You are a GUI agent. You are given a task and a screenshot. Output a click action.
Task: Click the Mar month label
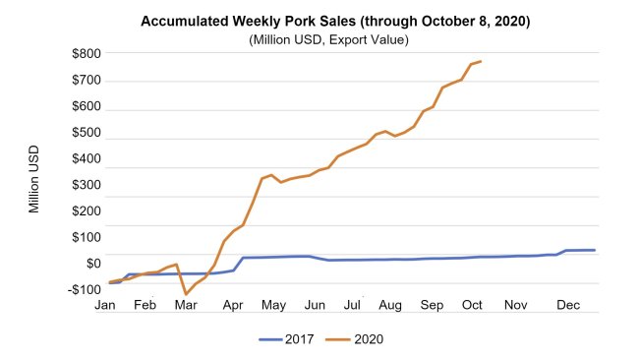pos(185,306)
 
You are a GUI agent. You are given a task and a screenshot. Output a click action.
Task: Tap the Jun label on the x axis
pos(316,306)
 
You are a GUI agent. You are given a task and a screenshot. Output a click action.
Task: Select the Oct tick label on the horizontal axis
pos(473,306)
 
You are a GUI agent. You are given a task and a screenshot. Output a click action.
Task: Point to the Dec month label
pos(566,306)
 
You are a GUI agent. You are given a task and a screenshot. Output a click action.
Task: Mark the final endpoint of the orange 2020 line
pos(481,61)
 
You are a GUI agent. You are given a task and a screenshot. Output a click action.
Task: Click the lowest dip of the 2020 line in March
pos(186,294)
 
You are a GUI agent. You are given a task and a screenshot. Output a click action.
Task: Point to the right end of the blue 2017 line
pos(595,250)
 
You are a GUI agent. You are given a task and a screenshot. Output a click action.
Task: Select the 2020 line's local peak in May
pos(271,175)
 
